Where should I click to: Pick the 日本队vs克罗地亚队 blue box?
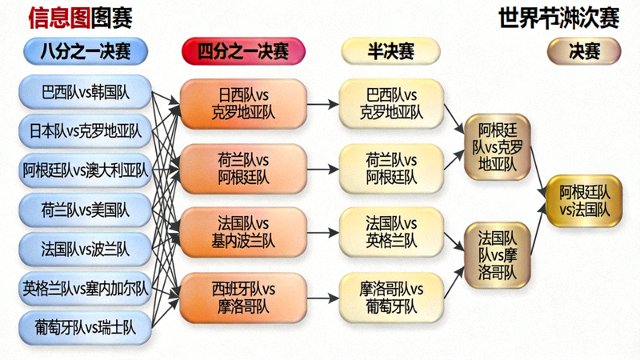point(85,130)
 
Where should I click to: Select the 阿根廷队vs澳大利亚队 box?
point(85,170)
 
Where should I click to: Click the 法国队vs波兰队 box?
point(85,249)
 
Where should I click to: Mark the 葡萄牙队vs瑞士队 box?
point(85,326)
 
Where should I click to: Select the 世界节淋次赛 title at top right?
point(558,17)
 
